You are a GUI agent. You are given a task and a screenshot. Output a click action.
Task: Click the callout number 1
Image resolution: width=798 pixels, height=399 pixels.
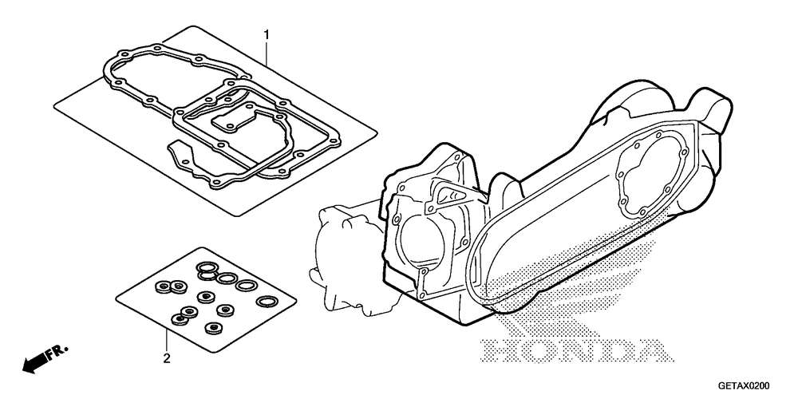tap(266, 35)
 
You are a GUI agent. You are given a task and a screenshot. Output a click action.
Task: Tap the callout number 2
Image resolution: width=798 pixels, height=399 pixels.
tap(167, 358)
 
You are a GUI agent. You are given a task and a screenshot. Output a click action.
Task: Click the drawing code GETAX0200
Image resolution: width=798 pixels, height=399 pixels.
tap(745, 385)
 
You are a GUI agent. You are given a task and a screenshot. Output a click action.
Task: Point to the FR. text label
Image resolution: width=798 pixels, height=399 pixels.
tap(57, 353)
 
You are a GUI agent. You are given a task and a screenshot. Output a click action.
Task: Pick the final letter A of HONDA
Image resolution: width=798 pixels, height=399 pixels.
tap(647, 352)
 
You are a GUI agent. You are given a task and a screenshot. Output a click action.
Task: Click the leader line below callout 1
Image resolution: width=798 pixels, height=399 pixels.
tap(266, 53)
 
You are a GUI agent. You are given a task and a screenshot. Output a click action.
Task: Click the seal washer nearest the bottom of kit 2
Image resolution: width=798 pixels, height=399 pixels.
tap(213, 328)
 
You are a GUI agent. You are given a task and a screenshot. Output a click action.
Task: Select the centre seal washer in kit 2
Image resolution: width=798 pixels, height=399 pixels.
tap(206, 296)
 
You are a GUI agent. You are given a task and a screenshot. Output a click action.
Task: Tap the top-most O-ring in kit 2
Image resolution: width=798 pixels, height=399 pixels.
tap(207, 267)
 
